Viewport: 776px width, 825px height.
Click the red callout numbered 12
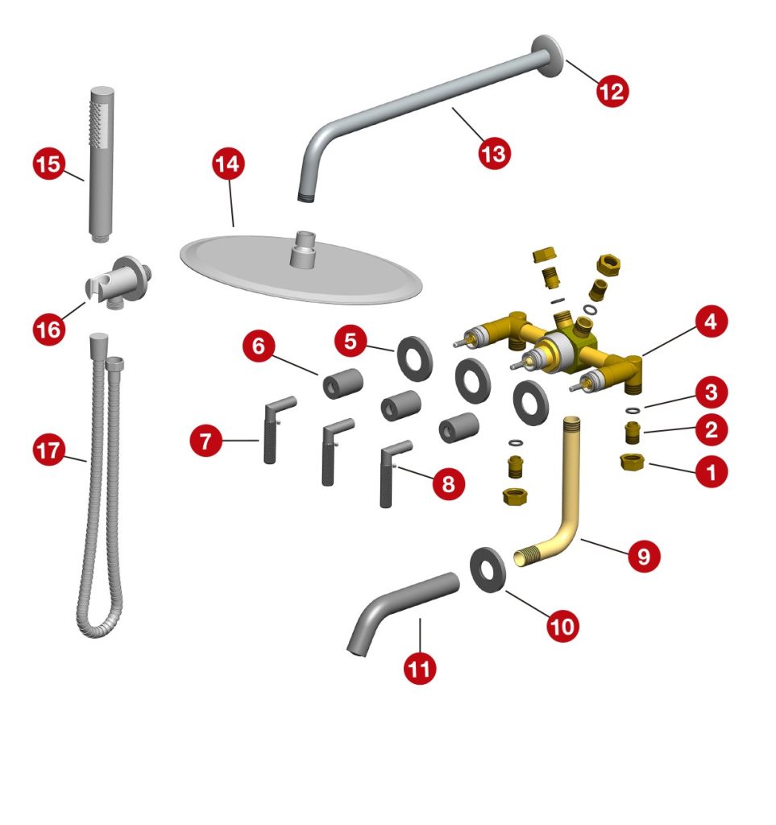(612, 92)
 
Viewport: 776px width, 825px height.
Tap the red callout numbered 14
(228, 164)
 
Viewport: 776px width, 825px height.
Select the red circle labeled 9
(644, 556)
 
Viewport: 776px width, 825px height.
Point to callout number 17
(49, 450)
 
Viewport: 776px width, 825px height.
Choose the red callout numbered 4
(711, 321)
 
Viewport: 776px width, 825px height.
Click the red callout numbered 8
(448, 483)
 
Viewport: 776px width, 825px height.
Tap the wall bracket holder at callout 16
(120, 282)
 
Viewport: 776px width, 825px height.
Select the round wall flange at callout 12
(547, 57)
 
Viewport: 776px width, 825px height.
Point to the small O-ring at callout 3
(633, 409)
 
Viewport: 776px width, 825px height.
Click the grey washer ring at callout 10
(488, 570)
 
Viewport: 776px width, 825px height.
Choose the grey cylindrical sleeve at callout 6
(342, 383)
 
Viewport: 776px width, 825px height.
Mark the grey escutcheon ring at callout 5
(415, 359)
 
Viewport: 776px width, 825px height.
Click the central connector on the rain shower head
(304, 248)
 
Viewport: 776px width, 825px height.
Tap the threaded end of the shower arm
(306, 198)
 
